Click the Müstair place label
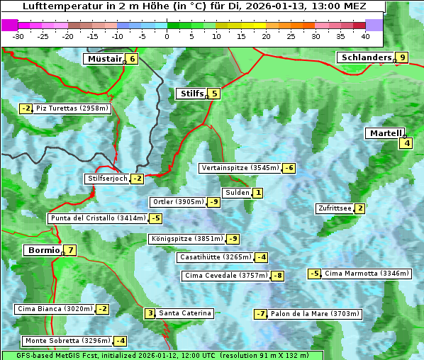point(104,59)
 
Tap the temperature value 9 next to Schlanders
point(402,58)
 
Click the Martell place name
point(385,133)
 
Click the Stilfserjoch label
point(106,179)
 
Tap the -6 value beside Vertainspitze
point(289,168)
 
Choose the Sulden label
point(237,193)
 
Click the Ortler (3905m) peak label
point(178,202)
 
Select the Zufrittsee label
point(334,208)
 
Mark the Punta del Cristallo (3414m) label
point(98,218)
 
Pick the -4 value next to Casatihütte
point(262,257)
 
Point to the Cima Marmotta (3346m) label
point(366,274)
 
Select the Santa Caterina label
point(184,313)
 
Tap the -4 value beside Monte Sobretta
point(121,341)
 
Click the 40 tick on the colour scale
point(365,35)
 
